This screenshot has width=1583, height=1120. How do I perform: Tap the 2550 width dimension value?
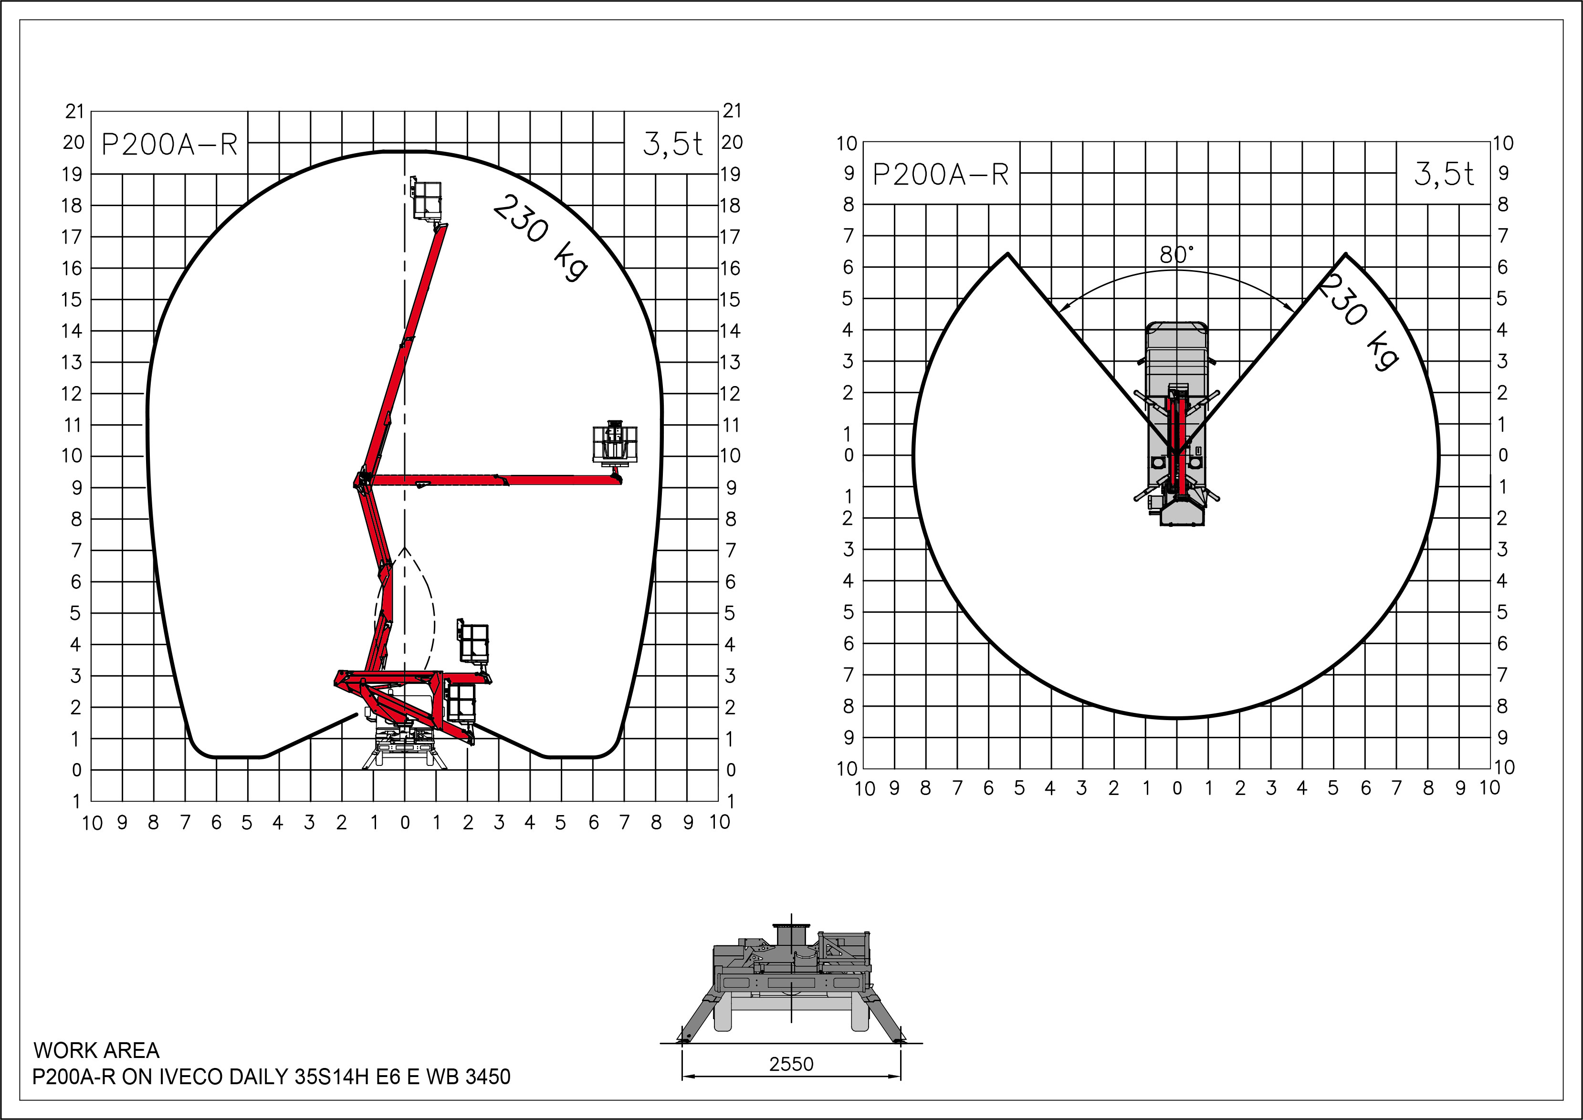[x=791, y=1064]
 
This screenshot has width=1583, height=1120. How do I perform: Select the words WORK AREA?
[x=96, y=1050]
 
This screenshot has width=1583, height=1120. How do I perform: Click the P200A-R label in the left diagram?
[x=170, y=145]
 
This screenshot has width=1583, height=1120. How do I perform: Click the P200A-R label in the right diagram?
[x=941, y=175]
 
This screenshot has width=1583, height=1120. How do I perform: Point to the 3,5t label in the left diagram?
[x=672, y=144]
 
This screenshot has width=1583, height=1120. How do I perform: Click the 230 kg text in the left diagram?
[x=541, y=237]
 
